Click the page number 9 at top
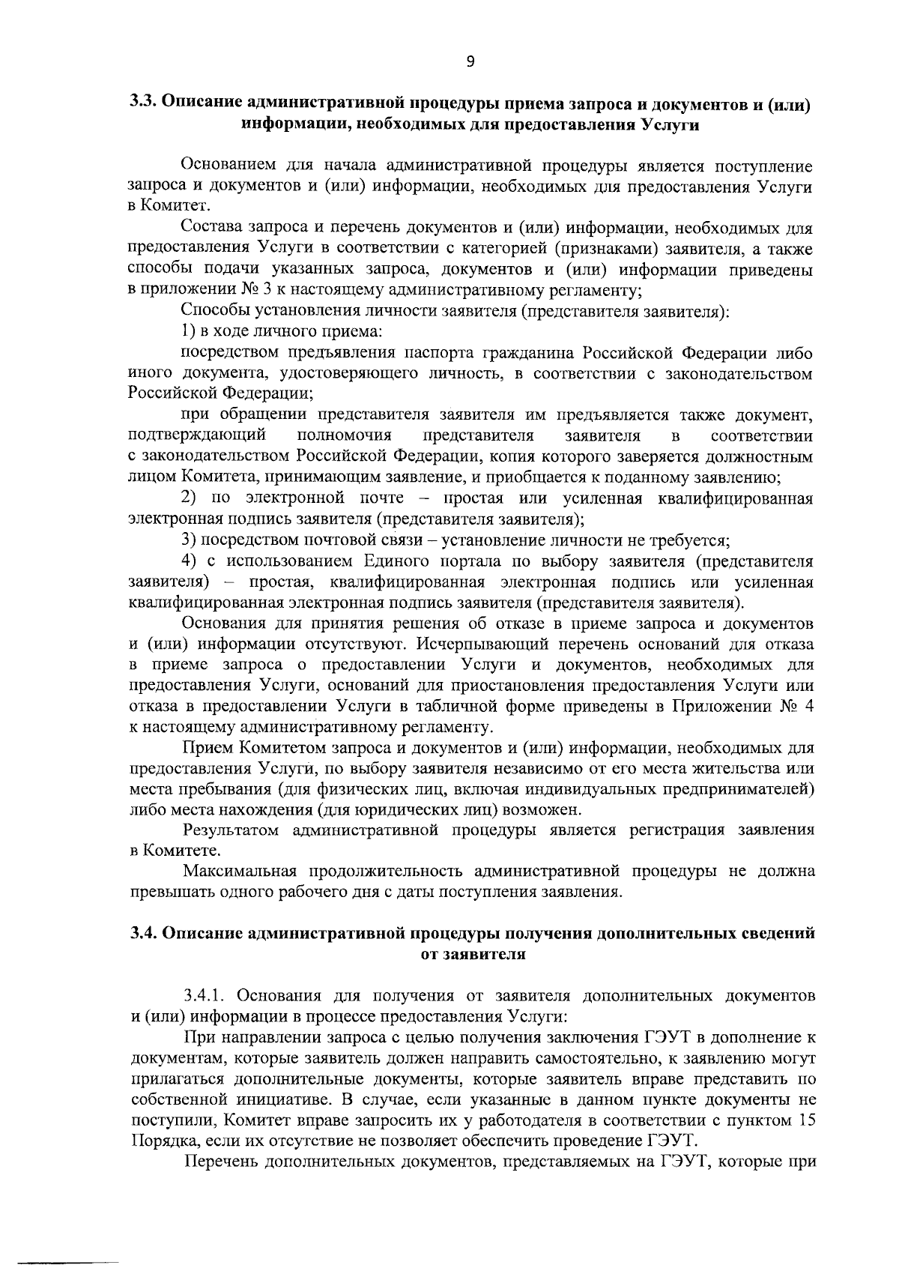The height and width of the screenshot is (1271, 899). [470, 63]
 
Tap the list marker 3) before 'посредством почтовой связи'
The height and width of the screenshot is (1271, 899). [190, 540]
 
